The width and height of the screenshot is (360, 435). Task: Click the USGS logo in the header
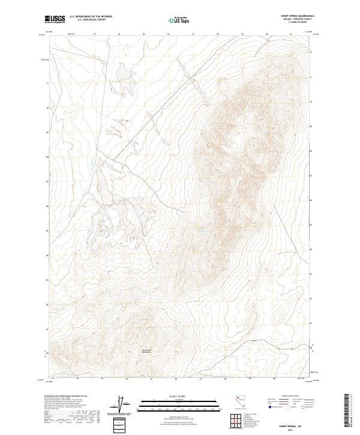(x=55, y=20)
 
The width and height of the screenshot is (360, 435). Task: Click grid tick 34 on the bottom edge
(x=127, y=379)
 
